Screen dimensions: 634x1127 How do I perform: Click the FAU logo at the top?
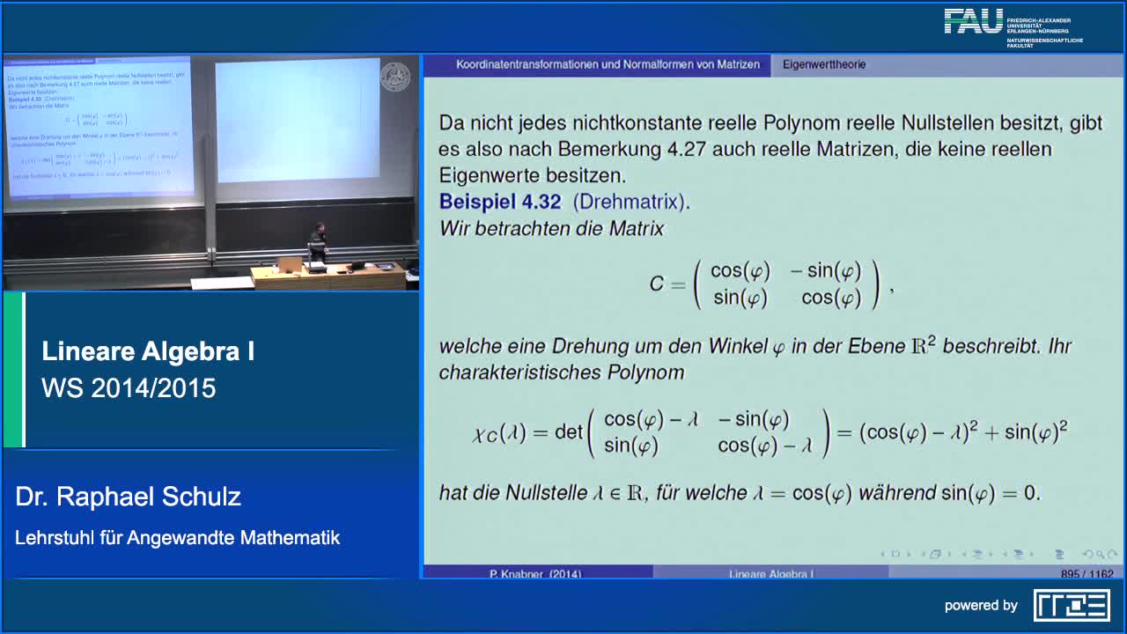point(974,21)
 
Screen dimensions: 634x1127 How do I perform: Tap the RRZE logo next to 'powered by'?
point(1071,605)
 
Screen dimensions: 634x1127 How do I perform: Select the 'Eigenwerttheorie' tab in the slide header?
point(823,64)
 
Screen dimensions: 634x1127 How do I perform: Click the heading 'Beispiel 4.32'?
point(499,202)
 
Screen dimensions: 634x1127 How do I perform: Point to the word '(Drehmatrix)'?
point(631,202)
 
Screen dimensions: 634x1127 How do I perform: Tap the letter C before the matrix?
point(657,284)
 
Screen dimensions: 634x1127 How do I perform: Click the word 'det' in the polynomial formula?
point(569,432)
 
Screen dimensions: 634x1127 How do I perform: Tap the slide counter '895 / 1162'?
point(1086,574)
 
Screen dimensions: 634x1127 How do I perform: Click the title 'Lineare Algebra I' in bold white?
point(148,351)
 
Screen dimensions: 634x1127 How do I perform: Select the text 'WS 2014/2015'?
point(129,388)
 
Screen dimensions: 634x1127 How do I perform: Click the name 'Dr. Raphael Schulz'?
point(128,497)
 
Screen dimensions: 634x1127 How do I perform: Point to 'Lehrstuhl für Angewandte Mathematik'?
point(177,537)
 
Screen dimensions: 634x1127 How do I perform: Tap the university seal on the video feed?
point(394,77)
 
